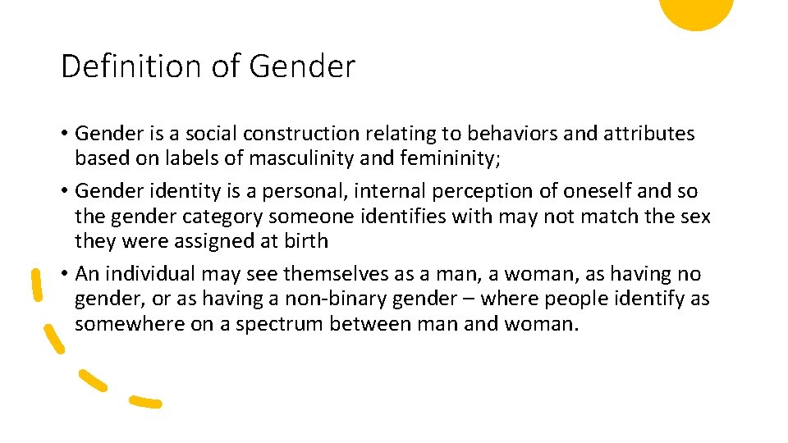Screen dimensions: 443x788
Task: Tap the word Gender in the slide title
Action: [301, 66]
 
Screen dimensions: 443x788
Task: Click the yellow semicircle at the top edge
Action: [696, 11]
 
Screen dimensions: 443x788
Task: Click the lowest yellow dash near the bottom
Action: [145, 402]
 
